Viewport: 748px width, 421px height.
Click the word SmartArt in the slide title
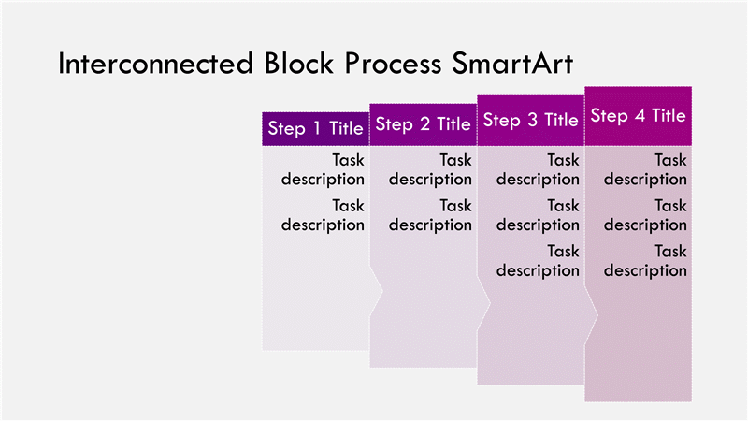point(512,63)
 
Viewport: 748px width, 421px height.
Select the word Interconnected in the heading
point(155,63)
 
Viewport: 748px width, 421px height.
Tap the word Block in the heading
point(298,63)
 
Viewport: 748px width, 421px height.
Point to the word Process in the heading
point(393,63)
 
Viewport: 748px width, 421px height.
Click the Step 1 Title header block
point(315,129)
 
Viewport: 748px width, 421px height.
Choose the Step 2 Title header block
point(424,124)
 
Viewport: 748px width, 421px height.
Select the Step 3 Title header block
point(530,121)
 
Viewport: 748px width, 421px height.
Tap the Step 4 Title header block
point(639,116)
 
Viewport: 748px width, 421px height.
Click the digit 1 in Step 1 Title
point(317,128)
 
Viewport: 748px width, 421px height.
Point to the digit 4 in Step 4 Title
point(640,115)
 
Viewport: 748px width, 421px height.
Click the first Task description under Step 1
point(323,169)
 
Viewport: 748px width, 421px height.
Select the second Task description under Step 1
point(323,215)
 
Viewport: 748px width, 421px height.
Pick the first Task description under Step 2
point(430,169)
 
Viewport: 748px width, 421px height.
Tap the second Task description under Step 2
point(430,215)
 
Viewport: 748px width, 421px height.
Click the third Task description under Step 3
point(538,261)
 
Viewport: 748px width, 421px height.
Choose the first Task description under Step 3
point(538,169)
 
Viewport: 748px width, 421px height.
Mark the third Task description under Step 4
point(645,261)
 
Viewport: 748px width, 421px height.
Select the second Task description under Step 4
point(645,215)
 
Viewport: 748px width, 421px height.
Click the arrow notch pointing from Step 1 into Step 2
point(377,291)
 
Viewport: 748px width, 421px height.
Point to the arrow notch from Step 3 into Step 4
point(592,315)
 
